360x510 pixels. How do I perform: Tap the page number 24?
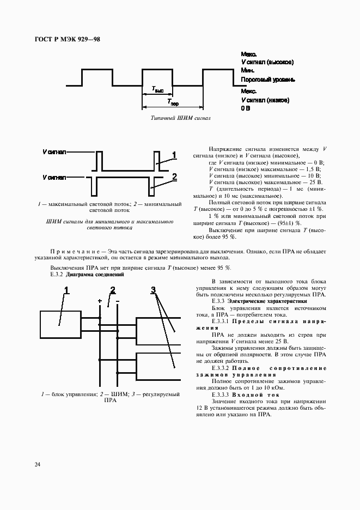pos(37,465)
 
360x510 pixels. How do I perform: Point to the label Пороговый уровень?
pos(268,80)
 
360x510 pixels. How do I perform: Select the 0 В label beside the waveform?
pos(246,108)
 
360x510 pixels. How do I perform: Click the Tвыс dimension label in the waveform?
pos(157,89)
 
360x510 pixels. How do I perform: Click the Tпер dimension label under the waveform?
pos(173,102)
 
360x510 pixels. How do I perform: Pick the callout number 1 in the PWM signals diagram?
pos(174,155)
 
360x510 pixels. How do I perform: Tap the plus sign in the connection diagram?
pos(100,301)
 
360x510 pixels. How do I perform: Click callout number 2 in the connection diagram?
pos(113,289)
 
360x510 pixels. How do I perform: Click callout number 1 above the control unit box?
pos(67,290)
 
